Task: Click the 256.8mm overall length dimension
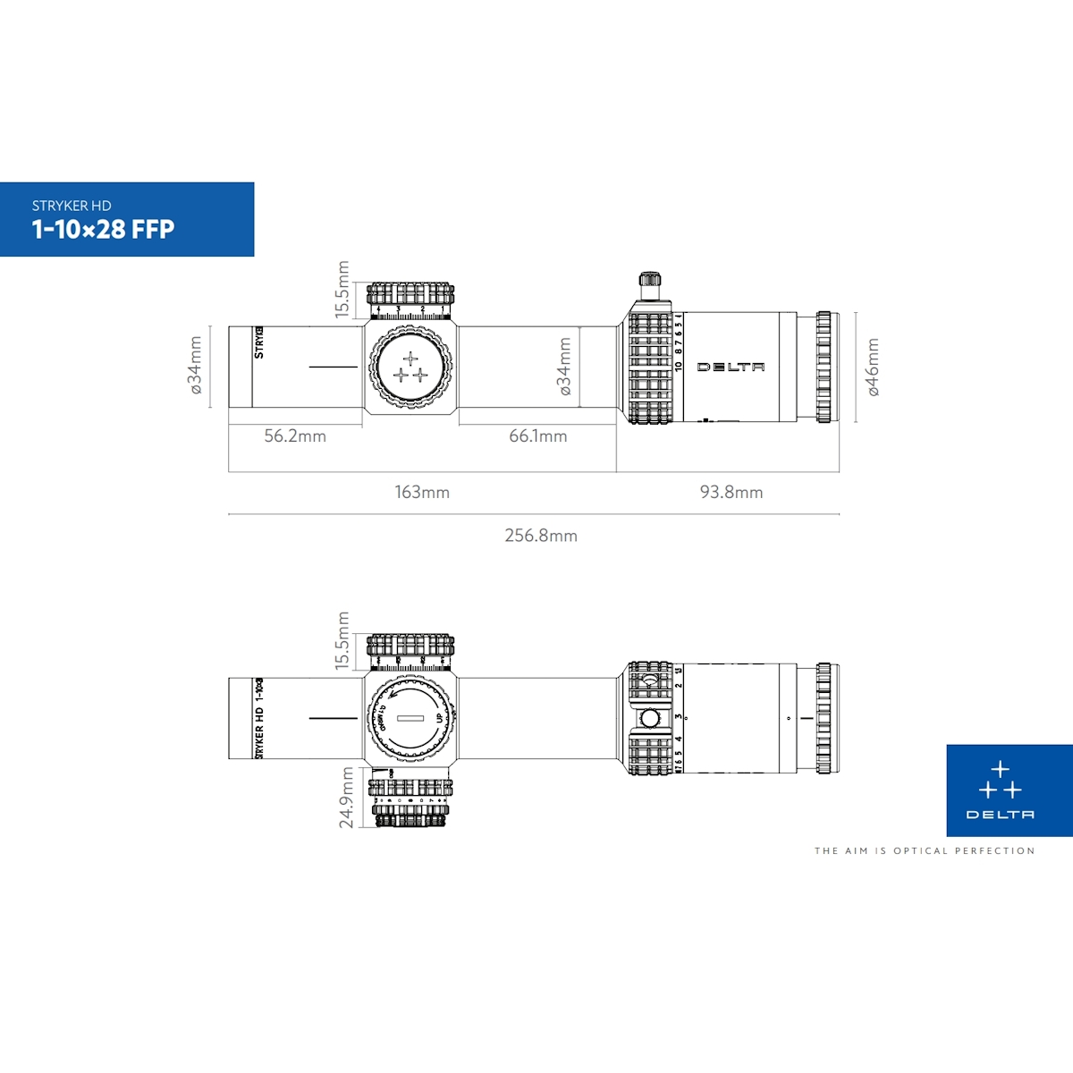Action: click(x=540, y=536)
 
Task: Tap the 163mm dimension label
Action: click(x=422, y=492)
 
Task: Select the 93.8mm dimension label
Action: click(x=731, y=492)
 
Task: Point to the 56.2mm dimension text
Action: click(x=295, y=436)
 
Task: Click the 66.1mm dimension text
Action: click(x=537, y=436)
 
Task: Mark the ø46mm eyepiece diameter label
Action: click(x=873, y=367)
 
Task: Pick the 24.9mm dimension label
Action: click(x=346, y=798)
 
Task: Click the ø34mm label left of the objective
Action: click(x=195, y=365)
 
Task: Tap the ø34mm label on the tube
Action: click(x=564, y=367)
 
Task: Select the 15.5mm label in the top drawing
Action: click(x=342, y=289)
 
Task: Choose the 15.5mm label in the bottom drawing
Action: click(x=342, y=640)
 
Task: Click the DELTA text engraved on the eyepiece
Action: click(x=731, y=368)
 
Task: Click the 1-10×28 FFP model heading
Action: click(x=103, y=230)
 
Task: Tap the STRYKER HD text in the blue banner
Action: click(x=72, y=206)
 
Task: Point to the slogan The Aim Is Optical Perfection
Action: click(x=924, y=851)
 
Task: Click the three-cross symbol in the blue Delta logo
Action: click(x=1000, y=781)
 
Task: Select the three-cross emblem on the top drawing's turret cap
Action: click(x=410, y=368)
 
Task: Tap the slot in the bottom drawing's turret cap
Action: click(x=410, y=718)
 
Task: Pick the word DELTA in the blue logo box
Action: click(x=1000, y=815)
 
